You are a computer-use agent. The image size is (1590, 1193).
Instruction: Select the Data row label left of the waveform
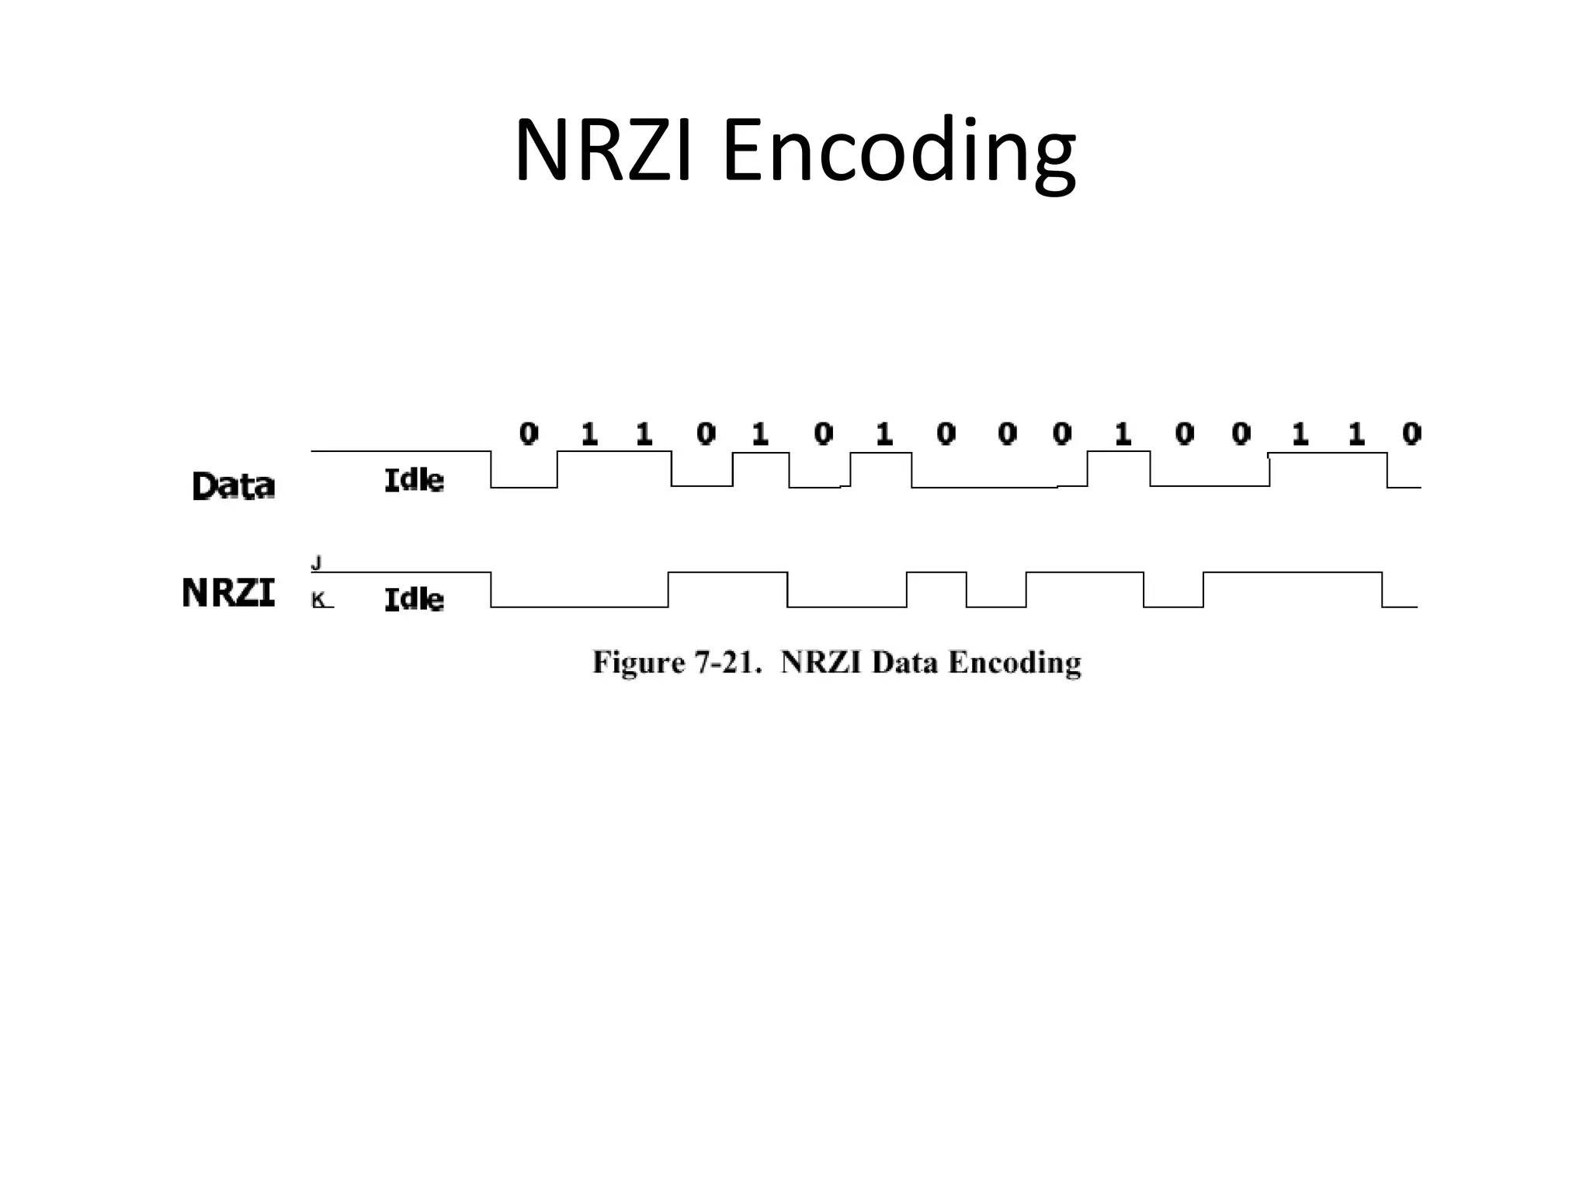point(233,486)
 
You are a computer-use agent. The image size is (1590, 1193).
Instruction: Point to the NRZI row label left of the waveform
point(228,593)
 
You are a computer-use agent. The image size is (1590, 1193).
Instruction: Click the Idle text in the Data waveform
point(414,481)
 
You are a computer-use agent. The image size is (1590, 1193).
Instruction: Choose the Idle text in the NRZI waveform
point(414,600)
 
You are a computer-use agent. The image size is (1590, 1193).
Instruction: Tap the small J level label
point(316,562)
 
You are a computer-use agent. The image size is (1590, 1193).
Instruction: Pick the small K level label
point(318,600)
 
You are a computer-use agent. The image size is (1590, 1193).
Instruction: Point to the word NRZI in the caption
point(821,663)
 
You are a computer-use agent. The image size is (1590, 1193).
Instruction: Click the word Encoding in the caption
point(1015,663)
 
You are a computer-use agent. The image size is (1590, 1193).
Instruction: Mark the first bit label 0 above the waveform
point(529,433)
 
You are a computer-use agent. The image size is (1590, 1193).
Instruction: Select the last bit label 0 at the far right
point(1411,433)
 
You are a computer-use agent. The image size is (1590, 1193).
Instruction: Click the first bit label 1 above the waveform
point(589,434)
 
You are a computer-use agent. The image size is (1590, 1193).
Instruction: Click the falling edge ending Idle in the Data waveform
point(491,469)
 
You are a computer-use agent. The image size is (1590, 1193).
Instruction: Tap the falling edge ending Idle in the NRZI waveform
point(491,590)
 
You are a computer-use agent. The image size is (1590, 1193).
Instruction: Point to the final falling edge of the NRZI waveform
point(1382,590)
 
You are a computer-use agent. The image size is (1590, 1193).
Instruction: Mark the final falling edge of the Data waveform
point(1387,470)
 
